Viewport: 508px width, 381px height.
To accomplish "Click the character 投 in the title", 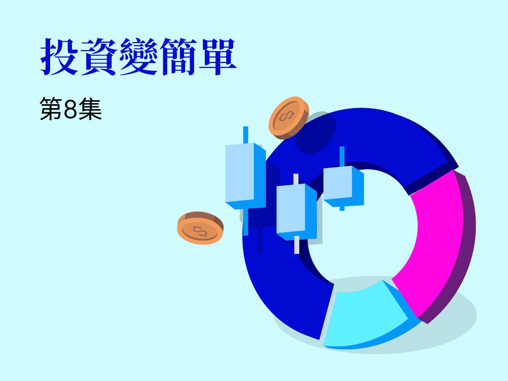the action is pos(59,57).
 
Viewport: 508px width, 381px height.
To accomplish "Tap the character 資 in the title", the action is pos(99,57).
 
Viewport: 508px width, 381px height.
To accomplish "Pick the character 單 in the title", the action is pos(217,57).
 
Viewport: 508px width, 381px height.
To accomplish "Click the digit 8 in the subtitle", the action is pos(70,109).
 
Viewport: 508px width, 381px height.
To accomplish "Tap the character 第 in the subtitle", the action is pos(51,109).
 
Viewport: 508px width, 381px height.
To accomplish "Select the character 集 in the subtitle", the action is pos(90,109).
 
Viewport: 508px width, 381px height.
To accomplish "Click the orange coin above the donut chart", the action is pos(289,118).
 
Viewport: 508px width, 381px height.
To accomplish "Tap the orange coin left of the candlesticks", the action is pos(200,228).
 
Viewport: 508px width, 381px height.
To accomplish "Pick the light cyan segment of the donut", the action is pos(365,314).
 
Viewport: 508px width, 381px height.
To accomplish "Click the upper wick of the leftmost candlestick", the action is pos(246,134).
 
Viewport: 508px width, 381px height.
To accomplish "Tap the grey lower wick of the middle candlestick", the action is pos(297,245).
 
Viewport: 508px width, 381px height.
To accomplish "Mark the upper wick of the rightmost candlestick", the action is pos(342,156).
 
